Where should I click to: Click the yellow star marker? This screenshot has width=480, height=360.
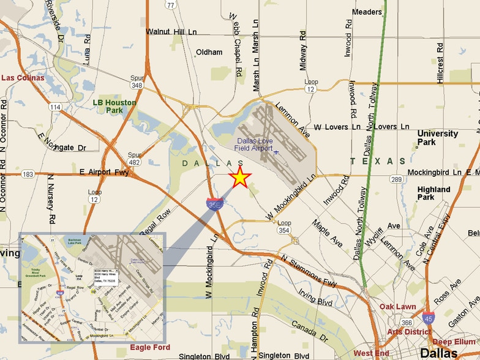coord(240,178)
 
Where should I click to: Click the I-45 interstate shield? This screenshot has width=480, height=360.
coord(429,317)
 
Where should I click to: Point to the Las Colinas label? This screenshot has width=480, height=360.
coord(23,78)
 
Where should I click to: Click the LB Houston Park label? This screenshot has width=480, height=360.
coord(114,106)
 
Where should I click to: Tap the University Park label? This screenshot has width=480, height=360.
coord(437,138)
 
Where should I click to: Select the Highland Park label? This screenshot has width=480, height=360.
coord(434,193)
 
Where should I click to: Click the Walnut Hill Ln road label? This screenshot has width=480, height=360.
coord(174,32)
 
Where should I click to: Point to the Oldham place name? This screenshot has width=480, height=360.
coord(209,52)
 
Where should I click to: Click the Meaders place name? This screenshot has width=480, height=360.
coord(367,12)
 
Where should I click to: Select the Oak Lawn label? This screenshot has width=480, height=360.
coord(397,306)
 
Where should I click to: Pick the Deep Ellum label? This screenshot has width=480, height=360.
coord(454,341)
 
